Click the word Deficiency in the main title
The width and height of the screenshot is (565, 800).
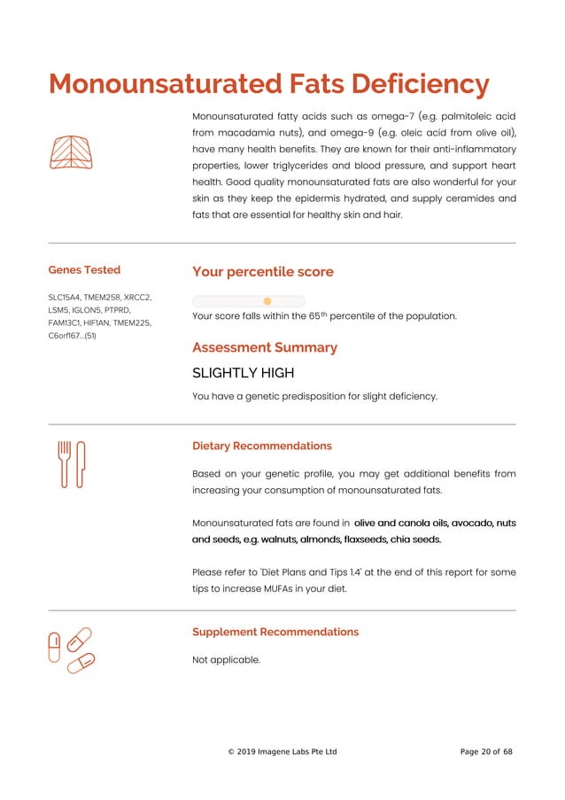[x=421, y=85]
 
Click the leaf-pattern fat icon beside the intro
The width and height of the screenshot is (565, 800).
[x=72, y=152]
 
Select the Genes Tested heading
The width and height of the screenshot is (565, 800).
[x=84, y=270]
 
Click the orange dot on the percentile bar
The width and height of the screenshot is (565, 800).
[x=267, y=301]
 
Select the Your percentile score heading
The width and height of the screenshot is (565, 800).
[x=262, y=272]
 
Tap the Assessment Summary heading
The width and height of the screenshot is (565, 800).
[x=264, y=347]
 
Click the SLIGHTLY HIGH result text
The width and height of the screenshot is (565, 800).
[x=243, y=373]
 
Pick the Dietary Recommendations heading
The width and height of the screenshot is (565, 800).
[x=261, y=446]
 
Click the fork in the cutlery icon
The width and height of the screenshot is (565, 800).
[x=64, y=463]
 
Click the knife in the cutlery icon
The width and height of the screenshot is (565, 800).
[x=81, y=463]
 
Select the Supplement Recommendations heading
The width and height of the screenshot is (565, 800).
[x=275, y=632]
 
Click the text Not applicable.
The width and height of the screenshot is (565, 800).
[x=226, y=659]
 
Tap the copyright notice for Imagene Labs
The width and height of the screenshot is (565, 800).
[x=282, y=752]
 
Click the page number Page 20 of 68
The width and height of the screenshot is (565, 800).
[x=486, y=752]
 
